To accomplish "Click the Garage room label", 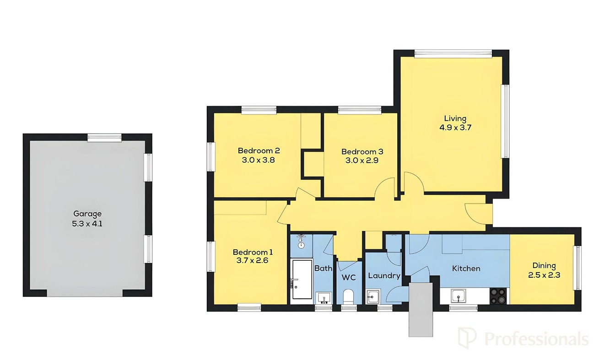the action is [87, 214].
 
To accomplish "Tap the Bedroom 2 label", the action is [259, 150].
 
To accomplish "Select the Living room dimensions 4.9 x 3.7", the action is [455, 128].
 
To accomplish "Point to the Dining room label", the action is [544, 266].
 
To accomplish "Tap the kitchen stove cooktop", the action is [498, 296].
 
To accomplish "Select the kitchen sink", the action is [458, 296].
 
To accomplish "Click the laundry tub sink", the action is [373, 296].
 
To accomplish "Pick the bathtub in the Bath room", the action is [302, 279].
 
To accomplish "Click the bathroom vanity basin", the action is [324, 298].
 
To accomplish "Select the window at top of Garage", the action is [104, 138].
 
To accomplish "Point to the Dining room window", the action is [578, 268].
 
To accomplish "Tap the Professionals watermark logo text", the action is [536, 339].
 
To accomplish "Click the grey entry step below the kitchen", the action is [421, 310].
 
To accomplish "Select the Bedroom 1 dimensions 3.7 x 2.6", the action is [253, 261].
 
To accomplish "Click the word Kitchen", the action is [466, 269].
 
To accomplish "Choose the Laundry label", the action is [384, 276].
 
